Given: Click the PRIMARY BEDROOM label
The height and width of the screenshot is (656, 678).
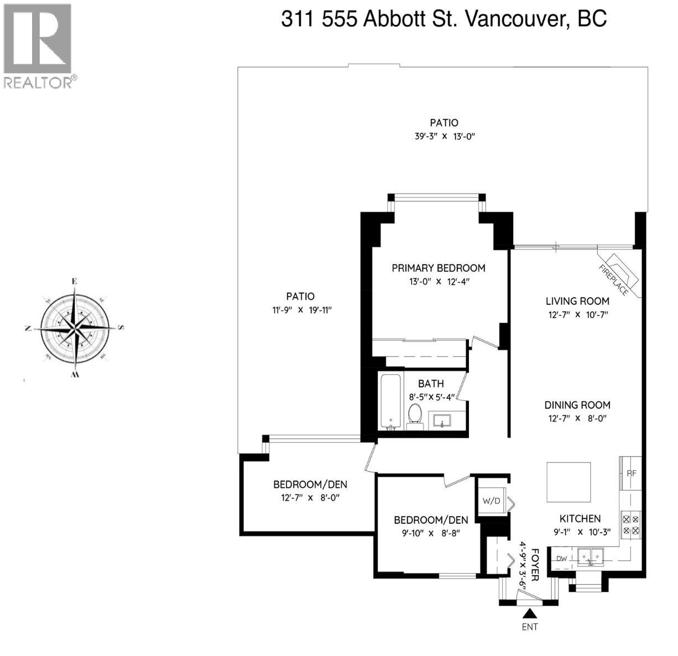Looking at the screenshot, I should point(438,268).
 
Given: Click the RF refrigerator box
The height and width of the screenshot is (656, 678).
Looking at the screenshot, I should point(631,473).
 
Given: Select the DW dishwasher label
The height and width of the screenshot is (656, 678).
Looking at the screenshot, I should point(562,559).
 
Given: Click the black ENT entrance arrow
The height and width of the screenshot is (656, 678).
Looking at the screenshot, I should point(530,613).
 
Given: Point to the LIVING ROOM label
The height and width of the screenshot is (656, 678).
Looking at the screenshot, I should point(577,301).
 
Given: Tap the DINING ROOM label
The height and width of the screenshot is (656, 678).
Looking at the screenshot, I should point(577,405).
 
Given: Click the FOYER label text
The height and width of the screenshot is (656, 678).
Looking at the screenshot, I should point(535,565).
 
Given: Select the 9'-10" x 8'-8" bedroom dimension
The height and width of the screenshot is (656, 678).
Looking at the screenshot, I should point(431,533).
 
